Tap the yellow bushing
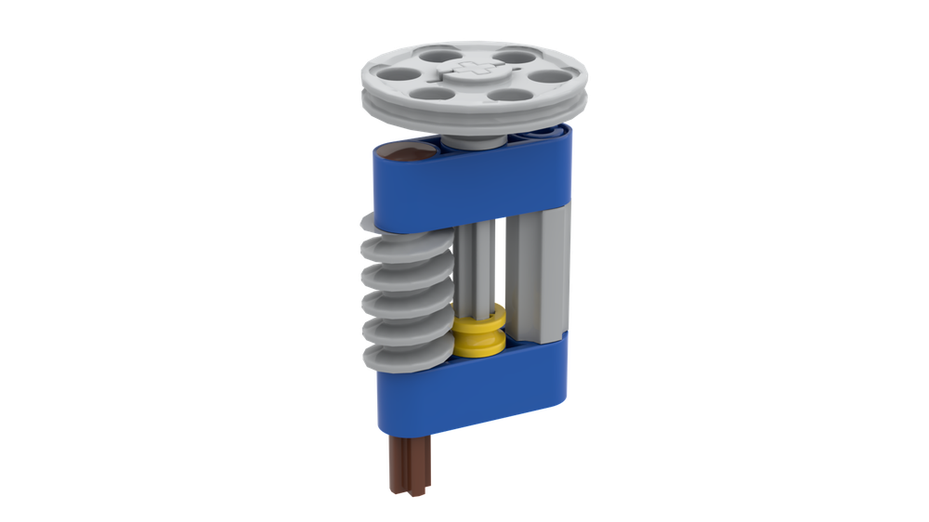point(481,333)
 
